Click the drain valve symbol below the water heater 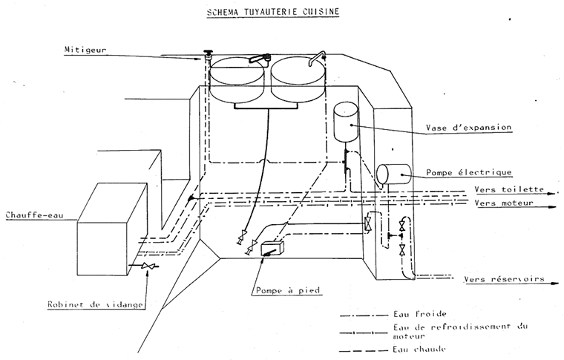[x=148, y=266]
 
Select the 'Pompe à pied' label [x=286, y=289]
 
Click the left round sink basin [x=237, y=73]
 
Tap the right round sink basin [x=298, y=73]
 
